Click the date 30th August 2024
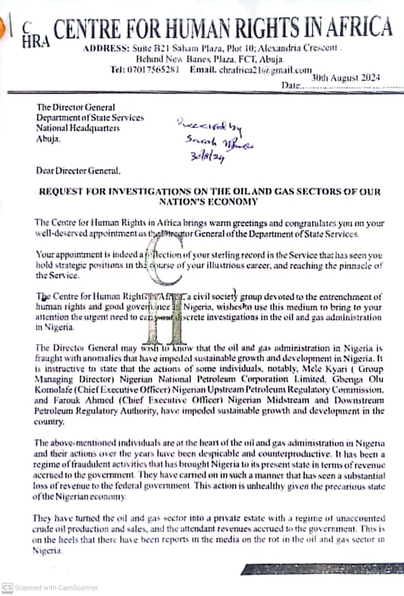[345, 78]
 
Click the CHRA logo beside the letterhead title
[35, 34]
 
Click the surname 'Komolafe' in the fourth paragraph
[53, 391]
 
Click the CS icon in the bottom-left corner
[7, 588]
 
